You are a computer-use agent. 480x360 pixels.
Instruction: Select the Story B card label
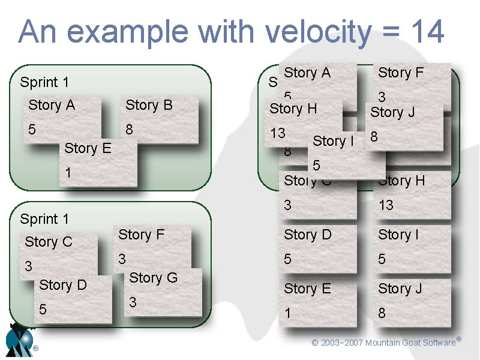tap(149, 106)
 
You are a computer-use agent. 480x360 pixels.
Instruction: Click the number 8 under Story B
tap(128, 130)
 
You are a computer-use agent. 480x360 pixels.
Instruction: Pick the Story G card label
tap(154, 278)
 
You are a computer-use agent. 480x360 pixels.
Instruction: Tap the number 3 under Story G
tap(133, 303)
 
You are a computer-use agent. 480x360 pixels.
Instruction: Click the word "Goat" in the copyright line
tap(408, 343)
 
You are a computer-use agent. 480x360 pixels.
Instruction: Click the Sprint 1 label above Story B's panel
tap(44, 82)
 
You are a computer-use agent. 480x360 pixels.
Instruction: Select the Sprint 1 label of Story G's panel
tap(44, 219)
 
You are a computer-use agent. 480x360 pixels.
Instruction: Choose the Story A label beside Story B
tap(52, 106)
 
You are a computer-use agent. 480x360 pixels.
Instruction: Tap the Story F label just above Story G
tap(142, 235)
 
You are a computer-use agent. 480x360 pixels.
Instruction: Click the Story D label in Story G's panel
tap(63, 285)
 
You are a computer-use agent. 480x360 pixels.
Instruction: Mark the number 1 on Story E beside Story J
tap(288, 313)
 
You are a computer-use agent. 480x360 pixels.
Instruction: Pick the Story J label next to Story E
tap(400, 289)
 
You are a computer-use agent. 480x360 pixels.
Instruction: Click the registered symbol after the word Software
tap(458, 340)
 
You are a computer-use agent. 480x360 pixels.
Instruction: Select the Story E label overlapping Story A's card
tap(88, 148)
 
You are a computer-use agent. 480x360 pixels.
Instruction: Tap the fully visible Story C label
tap(49, 242)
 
